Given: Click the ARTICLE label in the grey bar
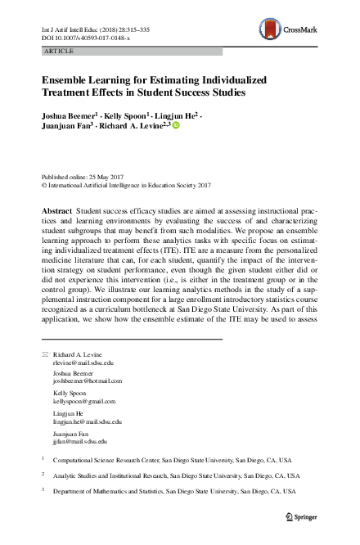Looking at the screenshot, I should coord(56,51).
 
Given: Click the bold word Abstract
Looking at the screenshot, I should coord(56,211).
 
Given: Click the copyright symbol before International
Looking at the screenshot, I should coord(44,185).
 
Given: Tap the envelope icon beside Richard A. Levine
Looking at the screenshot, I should coord(45,354).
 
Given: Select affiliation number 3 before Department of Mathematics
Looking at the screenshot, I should coord(43,491).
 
